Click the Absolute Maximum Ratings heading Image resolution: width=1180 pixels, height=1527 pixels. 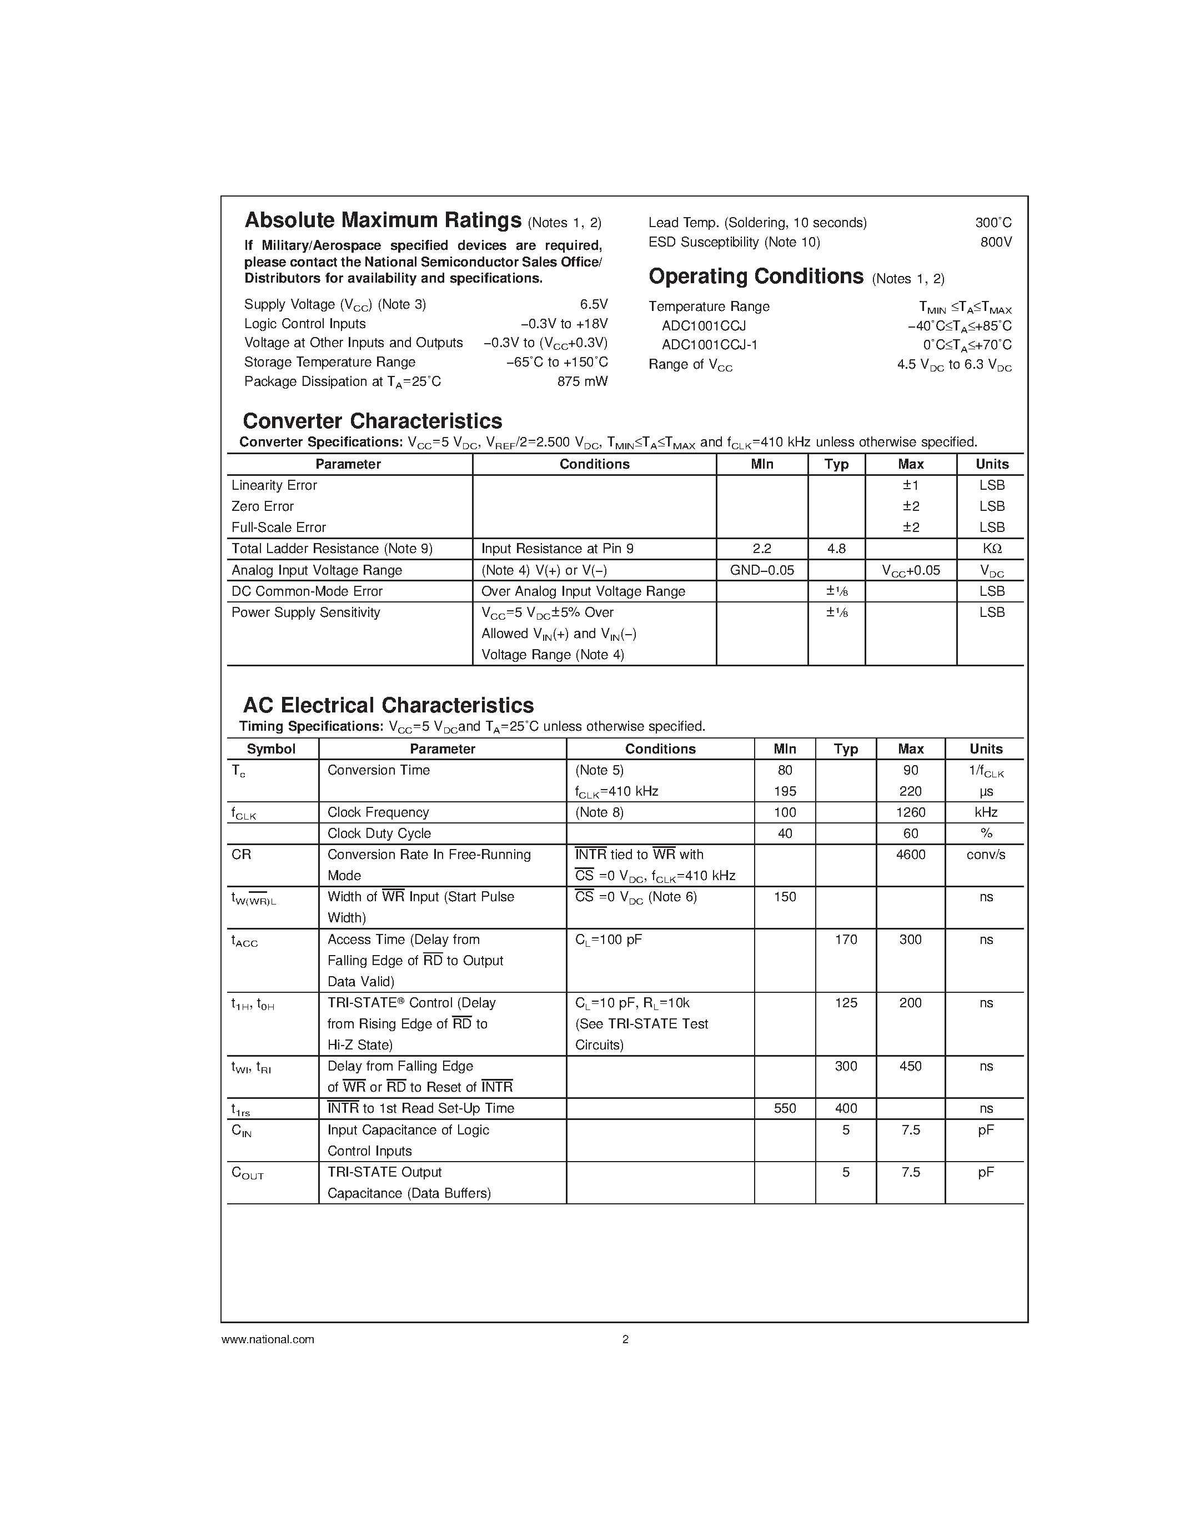tap(383, 221)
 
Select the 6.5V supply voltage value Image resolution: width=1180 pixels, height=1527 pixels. tap(594, 304)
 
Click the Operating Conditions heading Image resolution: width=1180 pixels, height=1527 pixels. tap(756, 277)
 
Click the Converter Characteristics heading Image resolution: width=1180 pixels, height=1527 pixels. tap(372, 421)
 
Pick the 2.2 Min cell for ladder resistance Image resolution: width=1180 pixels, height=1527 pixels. tap(761, 549)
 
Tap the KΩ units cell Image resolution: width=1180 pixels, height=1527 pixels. tap(992, 549)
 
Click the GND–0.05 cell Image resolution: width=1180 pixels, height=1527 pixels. tap(761, 570)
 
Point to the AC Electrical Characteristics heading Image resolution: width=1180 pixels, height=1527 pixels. tap(388, 705)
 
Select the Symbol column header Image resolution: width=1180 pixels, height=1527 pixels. tap(271, 749)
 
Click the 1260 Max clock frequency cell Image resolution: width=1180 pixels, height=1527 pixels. tap(910, 812)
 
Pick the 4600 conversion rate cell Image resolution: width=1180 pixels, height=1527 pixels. tap(910, 855)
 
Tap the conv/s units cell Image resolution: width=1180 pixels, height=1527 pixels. tap(986, 855)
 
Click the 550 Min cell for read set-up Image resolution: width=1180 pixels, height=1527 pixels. tap(784, 1108)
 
